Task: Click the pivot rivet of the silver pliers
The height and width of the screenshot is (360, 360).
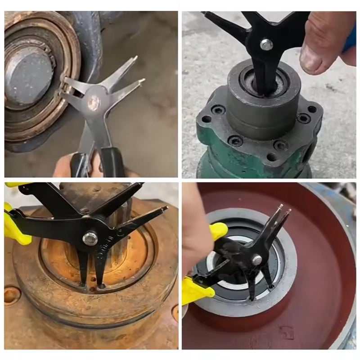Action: point(94,103)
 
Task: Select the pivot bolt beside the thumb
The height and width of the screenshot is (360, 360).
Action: point(266,44)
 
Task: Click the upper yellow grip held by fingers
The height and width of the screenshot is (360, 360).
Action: point(218,231)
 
